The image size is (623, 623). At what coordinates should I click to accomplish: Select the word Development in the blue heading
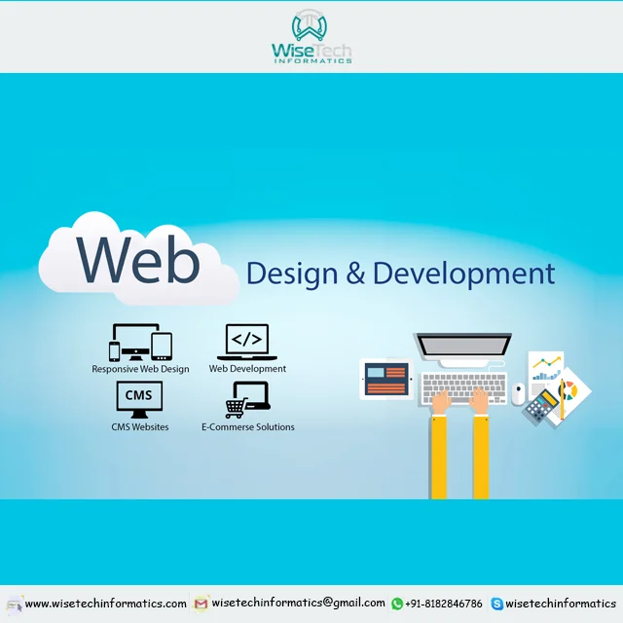tap(464, 273)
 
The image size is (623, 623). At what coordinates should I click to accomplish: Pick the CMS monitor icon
tap(139, 398)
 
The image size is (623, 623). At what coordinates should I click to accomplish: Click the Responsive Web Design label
tap(141, 369)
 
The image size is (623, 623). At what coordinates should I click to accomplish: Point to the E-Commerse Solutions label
tap(247, 426)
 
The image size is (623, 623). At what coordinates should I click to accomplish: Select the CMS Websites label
tap(139, 426)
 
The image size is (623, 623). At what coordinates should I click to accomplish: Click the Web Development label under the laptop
tap(247, 369)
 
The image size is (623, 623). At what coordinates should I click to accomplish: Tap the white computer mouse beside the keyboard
tap(519, 393)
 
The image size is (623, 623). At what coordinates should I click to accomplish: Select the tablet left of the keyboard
tap(386, 379)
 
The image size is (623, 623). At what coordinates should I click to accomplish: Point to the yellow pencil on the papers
tap(562, 394)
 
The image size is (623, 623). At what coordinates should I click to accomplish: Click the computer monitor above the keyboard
tap(462, 350)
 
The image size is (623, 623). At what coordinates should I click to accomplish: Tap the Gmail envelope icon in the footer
tap(202, 604)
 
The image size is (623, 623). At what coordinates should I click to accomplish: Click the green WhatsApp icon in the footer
tap(397, 604)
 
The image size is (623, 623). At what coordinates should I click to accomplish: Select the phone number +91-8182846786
tap(444, 604)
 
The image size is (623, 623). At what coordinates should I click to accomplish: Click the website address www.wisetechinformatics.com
tap(105, 604)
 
